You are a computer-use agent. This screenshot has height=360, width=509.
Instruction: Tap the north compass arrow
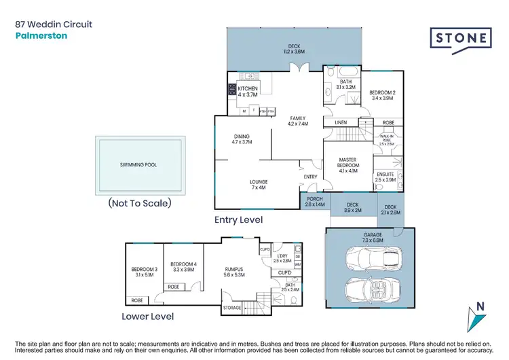coord(480,317)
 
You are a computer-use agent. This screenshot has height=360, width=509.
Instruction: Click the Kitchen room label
coord(248,92)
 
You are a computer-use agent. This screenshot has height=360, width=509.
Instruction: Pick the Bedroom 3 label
coord(144,273)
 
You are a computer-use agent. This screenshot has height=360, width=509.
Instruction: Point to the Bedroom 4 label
coord(183,268)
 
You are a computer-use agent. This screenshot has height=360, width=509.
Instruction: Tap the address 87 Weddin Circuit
coord(54,24)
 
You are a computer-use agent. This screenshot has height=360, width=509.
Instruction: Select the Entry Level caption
coord(238,220)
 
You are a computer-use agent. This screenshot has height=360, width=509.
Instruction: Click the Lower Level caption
coord(147,317)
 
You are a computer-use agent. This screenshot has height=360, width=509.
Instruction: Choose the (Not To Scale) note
coord(140,202)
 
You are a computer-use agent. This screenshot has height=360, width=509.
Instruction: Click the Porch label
coord(316,201)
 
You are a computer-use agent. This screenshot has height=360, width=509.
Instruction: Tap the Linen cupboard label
coord(341,122)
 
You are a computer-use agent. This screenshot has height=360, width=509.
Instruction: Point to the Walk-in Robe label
coord(387,141)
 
